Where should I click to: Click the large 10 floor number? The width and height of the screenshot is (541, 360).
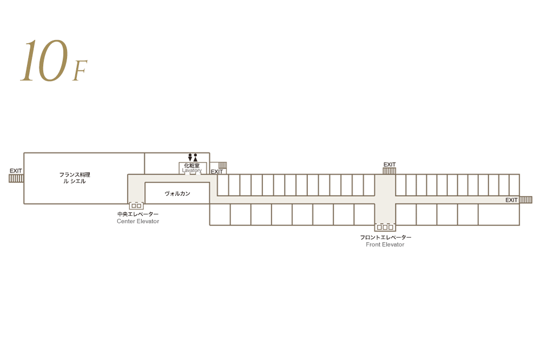tap(45, 61)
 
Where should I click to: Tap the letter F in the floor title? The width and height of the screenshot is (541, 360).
tap(80, 72)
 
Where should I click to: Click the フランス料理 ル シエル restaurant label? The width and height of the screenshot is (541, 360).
tap(75, 178)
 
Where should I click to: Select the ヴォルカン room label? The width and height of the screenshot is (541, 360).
tap(177, 194)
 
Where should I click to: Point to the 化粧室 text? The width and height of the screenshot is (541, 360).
tap(192, 165)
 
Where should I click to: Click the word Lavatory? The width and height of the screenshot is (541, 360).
tap(192, 171)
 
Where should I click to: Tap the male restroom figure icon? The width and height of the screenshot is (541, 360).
tap(190, 157)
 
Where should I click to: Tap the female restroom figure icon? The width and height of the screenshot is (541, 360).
tap(195, 157)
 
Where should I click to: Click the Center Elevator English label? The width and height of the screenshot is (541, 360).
tap(138, 222)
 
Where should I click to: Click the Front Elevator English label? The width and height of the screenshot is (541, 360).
tap(385, 245)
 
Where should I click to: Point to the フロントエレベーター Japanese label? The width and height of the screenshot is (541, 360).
tap(386, 237)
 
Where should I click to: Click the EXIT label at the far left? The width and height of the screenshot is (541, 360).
tap(16, 171)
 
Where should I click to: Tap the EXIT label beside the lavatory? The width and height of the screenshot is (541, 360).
tap(217, 172)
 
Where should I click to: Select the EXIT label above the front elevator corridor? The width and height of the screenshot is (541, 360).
tap(390, 164)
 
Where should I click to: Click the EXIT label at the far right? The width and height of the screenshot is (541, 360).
tap(512, 200)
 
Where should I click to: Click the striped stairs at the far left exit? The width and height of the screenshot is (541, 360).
tap(16, 178)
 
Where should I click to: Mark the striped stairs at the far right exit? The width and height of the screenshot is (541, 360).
tap(526, 200)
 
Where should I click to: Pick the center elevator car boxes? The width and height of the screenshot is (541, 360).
tap(136, 205)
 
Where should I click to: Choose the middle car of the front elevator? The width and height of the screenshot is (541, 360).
tap(385, 227)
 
